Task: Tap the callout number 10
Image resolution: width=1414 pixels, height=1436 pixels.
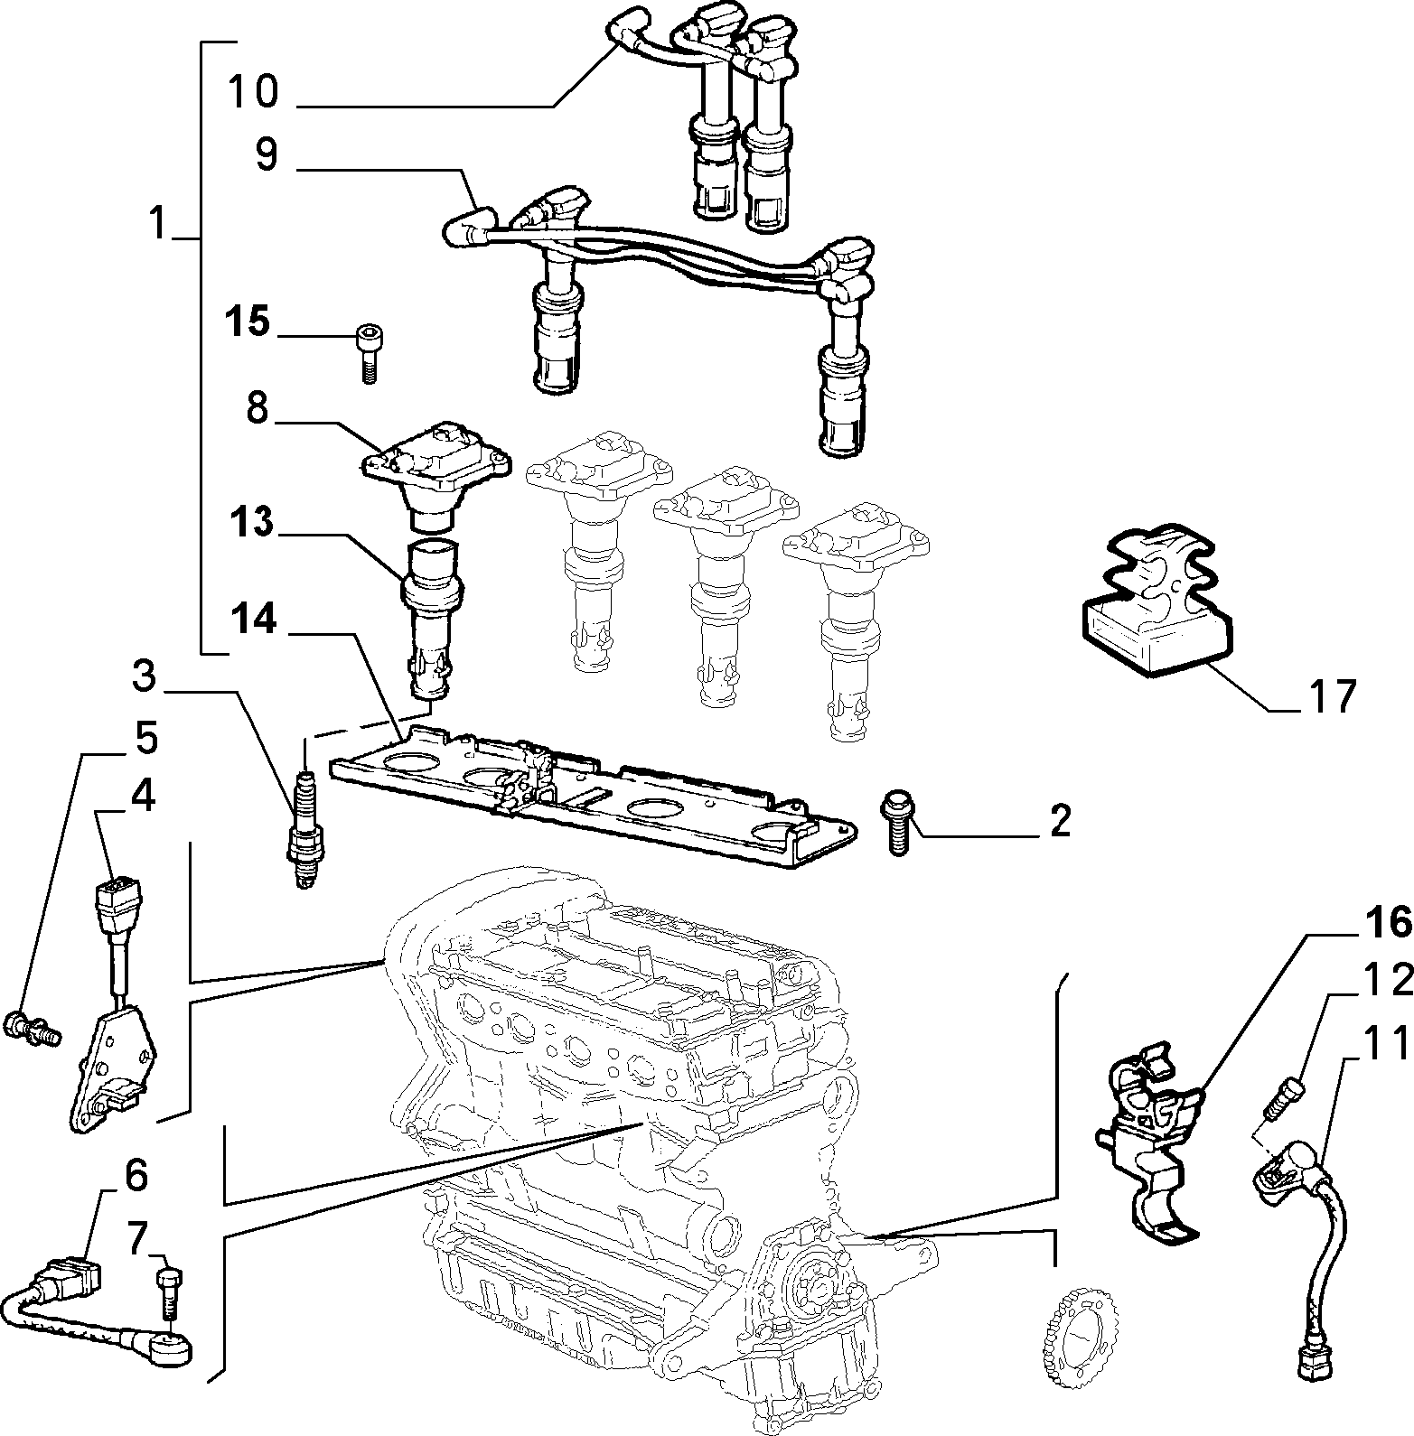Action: (x=253, y=93)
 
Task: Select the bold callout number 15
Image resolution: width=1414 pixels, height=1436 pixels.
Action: (x=247, y=322)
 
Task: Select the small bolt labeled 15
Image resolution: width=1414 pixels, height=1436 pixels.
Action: (x=366, y=352)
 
